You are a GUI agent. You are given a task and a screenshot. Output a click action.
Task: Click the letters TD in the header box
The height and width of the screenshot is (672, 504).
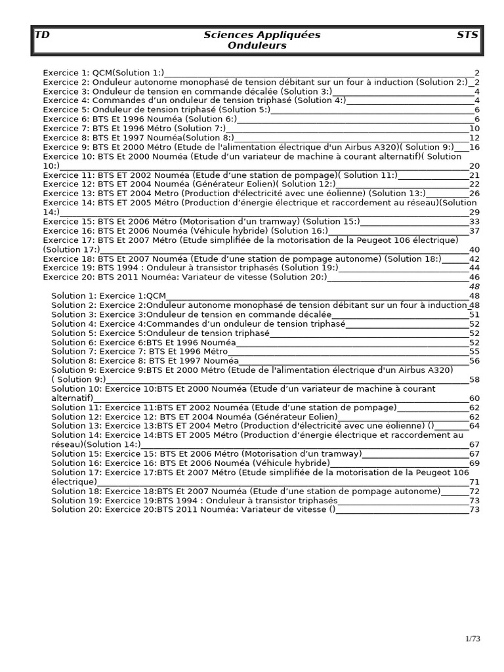[x=42, y=35]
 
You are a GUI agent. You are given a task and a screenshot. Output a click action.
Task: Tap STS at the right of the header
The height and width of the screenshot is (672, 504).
[x=467, y=35]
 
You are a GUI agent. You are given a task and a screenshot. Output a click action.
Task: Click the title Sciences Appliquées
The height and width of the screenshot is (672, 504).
[x=262, y=35]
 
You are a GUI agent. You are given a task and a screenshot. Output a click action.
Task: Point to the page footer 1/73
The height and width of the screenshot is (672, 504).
[x=473, y=638]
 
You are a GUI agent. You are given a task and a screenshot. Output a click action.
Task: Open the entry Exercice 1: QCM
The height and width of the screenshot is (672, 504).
[x=104, y=73]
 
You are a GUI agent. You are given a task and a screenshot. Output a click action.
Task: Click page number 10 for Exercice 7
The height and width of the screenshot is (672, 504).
[x=474, y=129]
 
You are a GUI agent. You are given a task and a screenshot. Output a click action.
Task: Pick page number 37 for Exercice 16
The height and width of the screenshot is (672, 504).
[x=474, y=231]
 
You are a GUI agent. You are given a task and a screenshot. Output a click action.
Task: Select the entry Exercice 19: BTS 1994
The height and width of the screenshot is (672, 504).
[x=190, y=268]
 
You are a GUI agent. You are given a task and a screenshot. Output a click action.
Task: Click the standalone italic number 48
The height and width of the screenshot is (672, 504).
[x=474, y=286]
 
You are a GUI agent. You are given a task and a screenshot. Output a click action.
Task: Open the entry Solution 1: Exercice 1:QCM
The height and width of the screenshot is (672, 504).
[x=109, y=296]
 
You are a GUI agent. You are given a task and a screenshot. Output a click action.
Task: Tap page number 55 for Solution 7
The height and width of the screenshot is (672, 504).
[x=474, y=352]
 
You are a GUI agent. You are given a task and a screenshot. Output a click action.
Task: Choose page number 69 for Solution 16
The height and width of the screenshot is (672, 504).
[x=474, y=463]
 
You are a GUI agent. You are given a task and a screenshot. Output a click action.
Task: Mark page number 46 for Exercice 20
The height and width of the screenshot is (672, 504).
[x=474, y=278]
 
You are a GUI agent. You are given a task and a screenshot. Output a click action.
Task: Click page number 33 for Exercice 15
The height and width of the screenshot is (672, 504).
[x=474, y=222]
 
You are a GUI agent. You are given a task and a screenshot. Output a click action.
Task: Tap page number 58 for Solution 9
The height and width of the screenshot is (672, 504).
[x=474, y=379]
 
